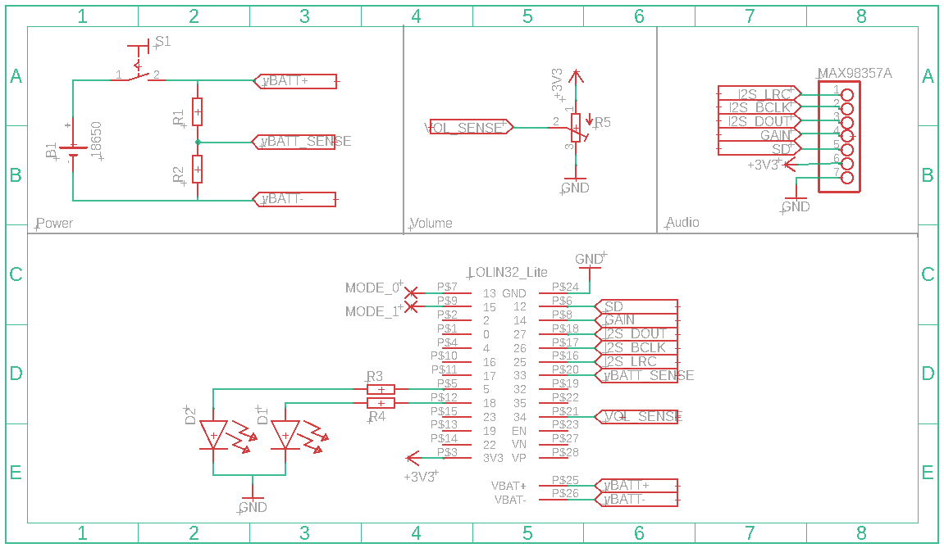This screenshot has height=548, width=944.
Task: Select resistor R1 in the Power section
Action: pos(197,111)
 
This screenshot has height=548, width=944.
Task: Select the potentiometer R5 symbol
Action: pos(576,127)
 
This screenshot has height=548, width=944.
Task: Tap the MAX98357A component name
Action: pos(854,74)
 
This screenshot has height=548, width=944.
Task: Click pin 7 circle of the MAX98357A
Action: pos(847,177)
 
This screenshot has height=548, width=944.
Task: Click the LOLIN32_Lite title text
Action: pos(508,272)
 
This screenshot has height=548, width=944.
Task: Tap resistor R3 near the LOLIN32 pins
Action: pos(381,389)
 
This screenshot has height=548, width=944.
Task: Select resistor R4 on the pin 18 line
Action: pos(381,403)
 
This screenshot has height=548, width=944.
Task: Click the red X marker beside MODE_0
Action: pos(412,293)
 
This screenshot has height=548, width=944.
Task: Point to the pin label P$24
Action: pos(565,287)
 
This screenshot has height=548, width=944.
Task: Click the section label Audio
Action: pos(682,223)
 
